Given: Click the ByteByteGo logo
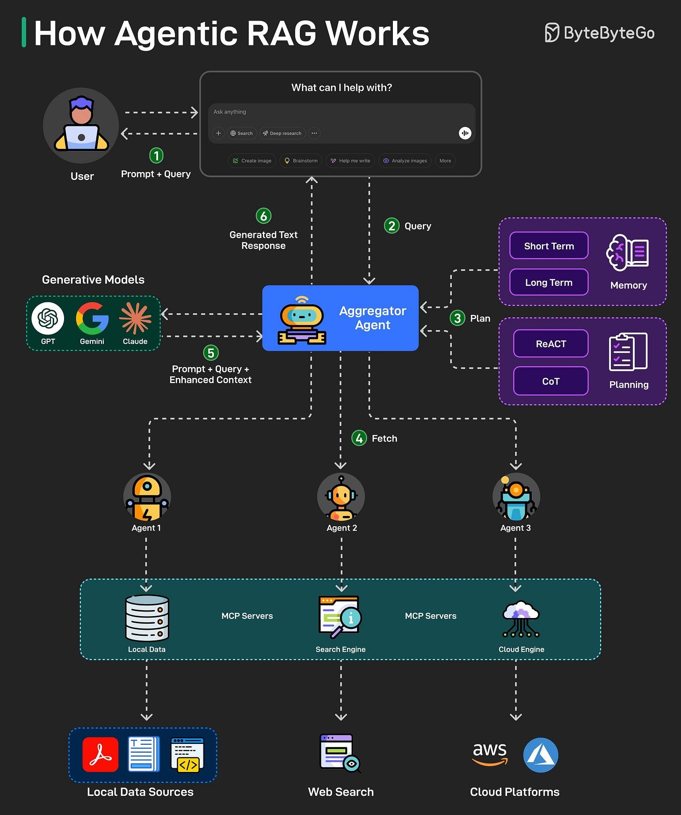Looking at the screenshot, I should tap(599, 33).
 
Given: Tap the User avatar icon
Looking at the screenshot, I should tap(81, 125).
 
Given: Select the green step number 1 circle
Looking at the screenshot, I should tap(156, 155).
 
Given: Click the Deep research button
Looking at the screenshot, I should tap(282, 133).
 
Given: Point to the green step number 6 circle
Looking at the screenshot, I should tap(264, 216).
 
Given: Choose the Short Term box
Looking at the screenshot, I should tap(549, 246).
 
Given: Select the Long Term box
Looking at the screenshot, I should tap(549, 282).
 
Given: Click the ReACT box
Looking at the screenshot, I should tap(551, 344).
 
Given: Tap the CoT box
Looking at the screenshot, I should tap(551, 381).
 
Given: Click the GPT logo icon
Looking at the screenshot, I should tap(48, 319).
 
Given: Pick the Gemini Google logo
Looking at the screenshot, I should tap(92, 319).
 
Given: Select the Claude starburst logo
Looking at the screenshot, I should tap(135, 319).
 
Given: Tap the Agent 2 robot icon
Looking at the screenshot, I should tap(341, 497).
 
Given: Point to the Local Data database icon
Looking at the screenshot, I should tap(147, 618).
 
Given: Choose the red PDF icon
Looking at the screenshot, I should tap(101, 754).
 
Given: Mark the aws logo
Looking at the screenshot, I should tap(490, 753).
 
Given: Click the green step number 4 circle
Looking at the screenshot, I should tap(359, 438).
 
